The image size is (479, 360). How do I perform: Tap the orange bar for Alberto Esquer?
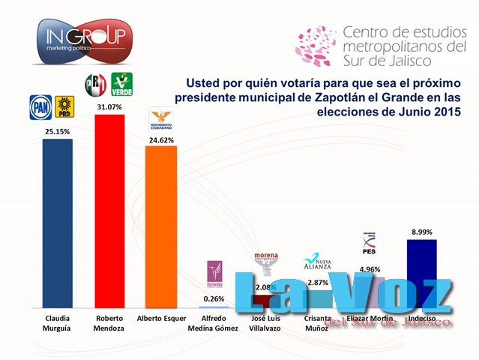160,226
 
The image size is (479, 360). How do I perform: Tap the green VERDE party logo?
121,84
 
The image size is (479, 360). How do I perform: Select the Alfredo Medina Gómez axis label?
214,323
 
